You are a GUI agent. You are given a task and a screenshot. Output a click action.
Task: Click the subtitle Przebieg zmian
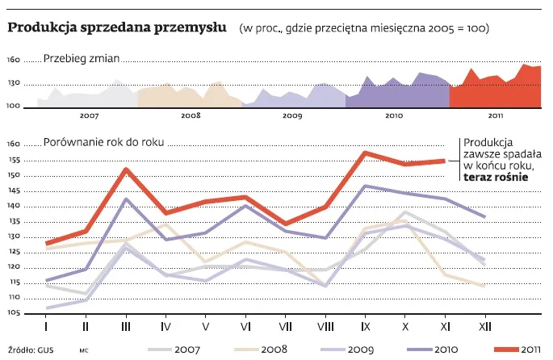coord(82,58)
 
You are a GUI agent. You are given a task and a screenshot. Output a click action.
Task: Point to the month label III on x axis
coord(126,327)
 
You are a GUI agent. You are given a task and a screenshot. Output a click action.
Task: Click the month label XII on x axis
coord(484,327)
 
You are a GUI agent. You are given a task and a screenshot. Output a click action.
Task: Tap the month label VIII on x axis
coord(325,327)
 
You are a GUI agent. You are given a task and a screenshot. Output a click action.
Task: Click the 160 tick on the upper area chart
coord(15,61)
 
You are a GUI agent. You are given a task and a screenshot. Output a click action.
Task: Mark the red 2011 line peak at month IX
coord(366,152)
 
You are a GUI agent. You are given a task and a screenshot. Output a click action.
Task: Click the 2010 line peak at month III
coord(126,199)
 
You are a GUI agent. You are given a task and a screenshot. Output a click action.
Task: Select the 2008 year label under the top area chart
coord(191,116)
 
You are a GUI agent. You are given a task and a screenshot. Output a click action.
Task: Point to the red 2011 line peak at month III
coord(127,169)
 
